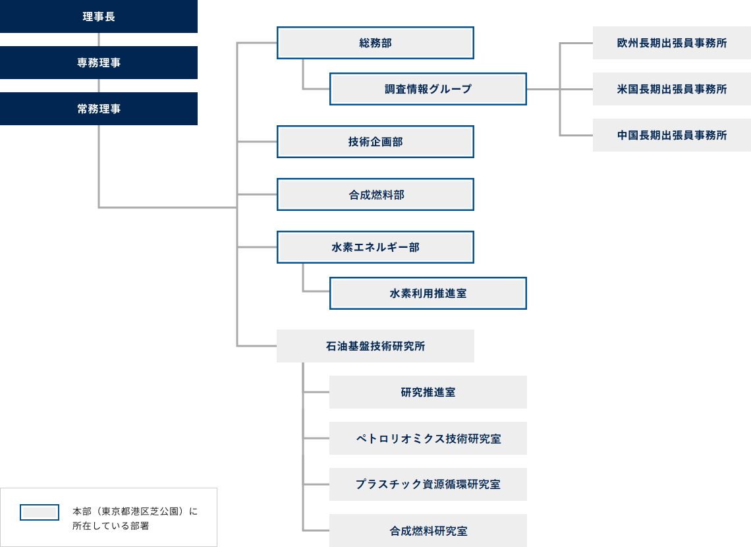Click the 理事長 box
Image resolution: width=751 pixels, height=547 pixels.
[x=99, y=16]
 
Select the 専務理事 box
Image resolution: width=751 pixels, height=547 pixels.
[x=99, y=63]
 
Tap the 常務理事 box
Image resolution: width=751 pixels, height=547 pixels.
[x=99, y=109]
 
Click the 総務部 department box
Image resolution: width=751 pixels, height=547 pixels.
[x=375, y=43]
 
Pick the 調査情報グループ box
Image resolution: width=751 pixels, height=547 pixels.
[x=428, y=89]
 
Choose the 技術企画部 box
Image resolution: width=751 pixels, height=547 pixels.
[x=375, y=142]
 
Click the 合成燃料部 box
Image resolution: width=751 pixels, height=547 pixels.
[x=375, y=194]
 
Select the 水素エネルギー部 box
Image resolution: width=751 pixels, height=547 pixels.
[x=375, y=247]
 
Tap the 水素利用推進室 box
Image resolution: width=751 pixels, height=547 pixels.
[x=428, y=293]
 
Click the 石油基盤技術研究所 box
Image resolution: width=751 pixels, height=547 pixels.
[x=375, y=346]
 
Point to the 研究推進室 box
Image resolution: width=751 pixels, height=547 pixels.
[x=428, y=392]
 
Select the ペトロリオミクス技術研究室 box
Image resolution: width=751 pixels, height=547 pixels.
[x=428, y=438]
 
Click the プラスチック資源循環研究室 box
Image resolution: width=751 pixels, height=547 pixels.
[x=428, y=484]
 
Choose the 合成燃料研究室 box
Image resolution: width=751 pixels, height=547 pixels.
[x=428, y=531]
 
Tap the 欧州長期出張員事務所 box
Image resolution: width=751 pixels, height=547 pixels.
[x=672, y=43]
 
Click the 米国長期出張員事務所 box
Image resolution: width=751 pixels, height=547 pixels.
[x=672, y=89]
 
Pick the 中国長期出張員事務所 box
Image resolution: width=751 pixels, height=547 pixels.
[x=672, y=135]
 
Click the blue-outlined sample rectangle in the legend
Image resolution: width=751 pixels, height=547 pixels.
[x=40, y=512]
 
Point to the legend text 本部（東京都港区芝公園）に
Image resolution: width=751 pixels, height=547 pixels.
[x=134, y=511]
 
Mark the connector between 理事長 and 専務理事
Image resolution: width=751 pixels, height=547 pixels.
[x=99, y=40]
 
